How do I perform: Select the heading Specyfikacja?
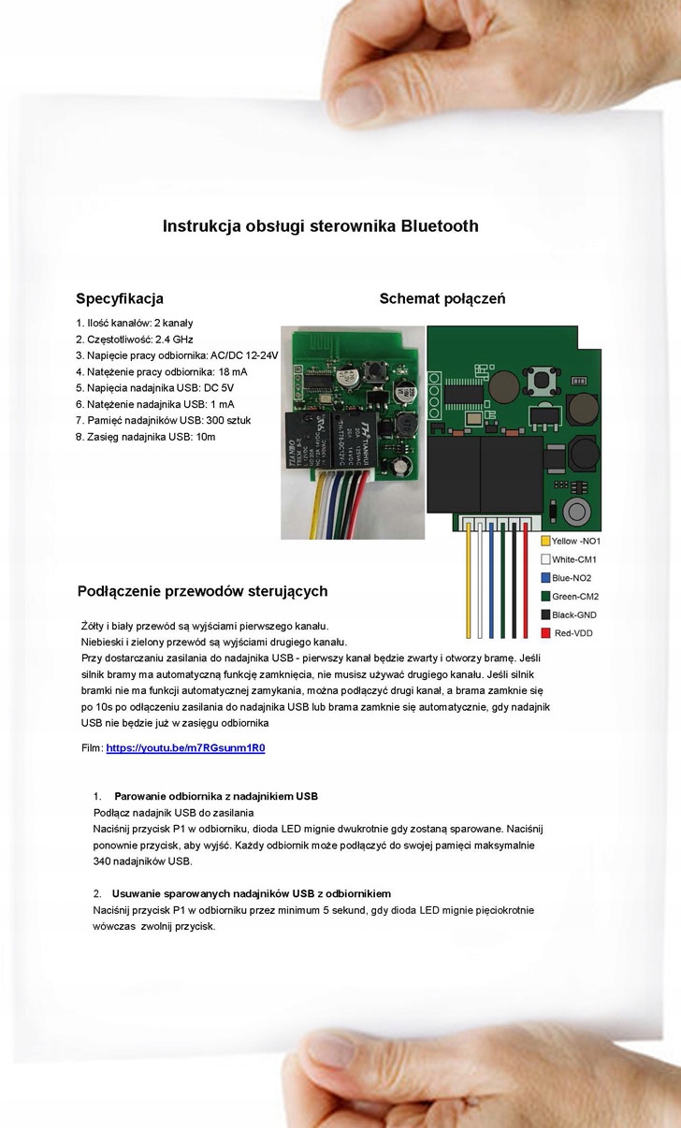120,299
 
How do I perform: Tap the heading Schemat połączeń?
442,299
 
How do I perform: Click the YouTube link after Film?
185,748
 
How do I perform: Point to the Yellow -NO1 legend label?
576,542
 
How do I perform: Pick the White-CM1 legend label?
574,559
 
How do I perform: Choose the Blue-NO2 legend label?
572,578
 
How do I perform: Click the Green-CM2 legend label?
575,597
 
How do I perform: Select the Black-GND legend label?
574,615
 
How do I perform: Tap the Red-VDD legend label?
573,634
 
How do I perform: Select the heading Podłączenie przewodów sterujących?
202,591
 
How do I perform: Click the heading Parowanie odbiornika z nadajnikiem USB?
216,797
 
